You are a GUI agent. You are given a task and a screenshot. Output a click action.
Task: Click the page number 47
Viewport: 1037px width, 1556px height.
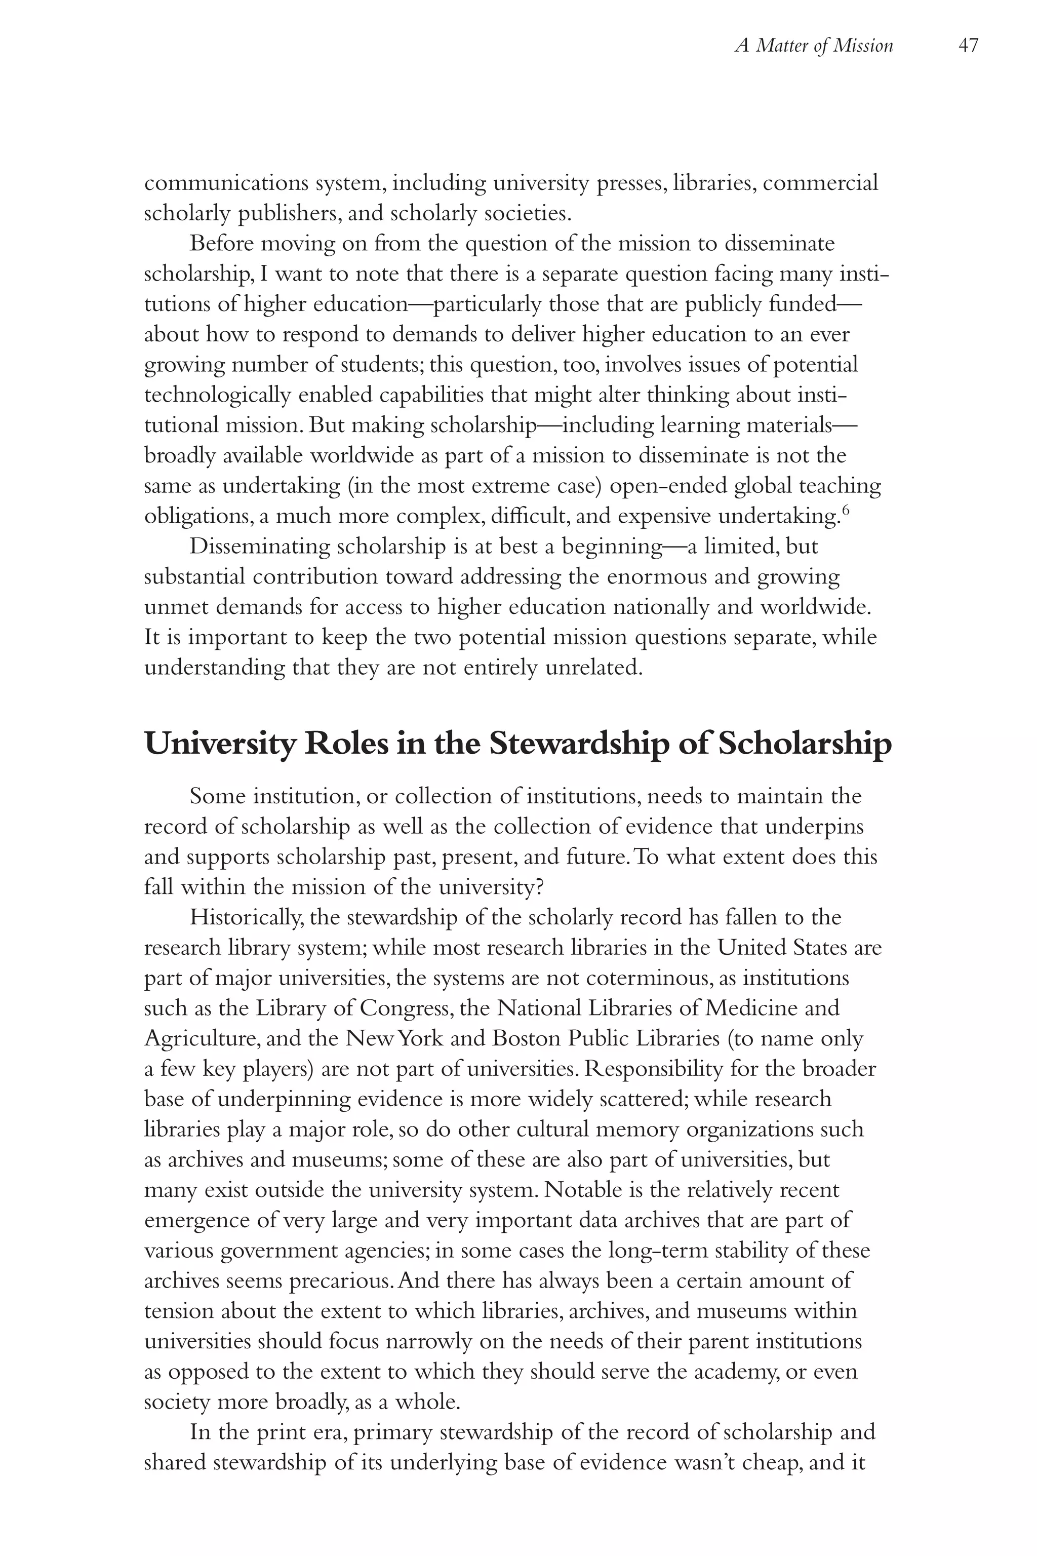pyautogui.click(x=968, y=46)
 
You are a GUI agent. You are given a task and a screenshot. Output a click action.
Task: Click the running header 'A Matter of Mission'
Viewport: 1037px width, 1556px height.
pyautogui.click(x=814, y=46)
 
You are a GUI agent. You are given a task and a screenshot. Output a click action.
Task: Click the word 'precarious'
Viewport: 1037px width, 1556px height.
pyautogui.click(x=340, y=1280)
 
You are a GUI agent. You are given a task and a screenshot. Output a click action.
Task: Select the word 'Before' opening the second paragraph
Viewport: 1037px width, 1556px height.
pyautogui.click(x=222, y=244)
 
